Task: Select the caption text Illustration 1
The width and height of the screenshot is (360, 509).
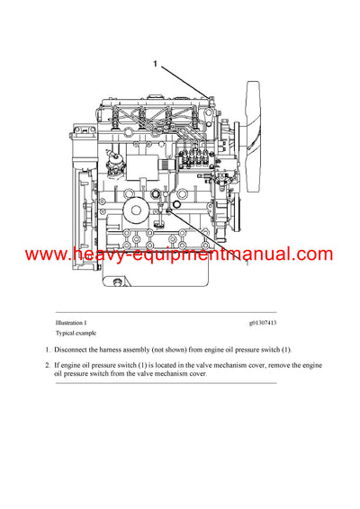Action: pos(71,322)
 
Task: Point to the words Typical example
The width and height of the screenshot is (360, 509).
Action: pos(75,332)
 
